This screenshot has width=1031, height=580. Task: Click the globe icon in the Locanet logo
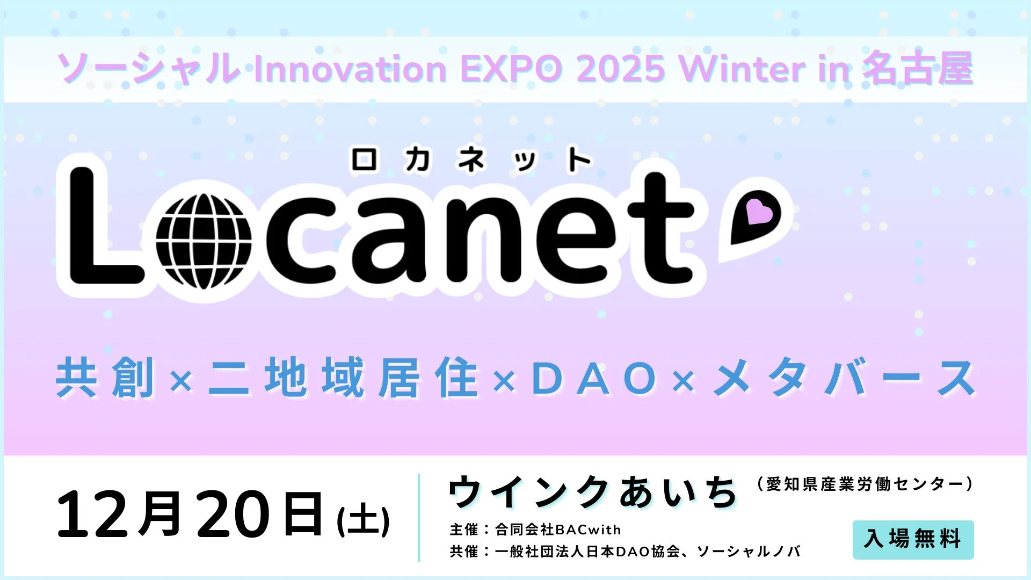pos(204,241)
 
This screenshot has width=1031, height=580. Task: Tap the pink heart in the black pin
pos(759,212)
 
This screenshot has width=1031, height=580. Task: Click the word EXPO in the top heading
pos(511,69)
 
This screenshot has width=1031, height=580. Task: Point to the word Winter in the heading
pos(742,69)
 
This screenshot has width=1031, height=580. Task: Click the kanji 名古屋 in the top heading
pos(918,69)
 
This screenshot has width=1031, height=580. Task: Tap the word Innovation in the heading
pos(350,69)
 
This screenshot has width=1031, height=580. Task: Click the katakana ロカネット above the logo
pos(471,160)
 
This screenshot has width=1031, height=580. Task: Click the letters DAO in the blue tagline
pos(593,379)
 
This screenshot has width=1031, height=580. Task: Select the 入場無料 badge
pos(913,539)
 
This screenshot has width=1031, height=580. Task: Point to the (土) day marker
pos(363,520)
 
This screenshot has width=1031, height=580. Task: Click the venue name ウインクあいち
pos(593,491)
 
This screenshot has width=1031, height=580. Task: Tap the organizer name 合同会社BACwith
pos(558,530)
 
